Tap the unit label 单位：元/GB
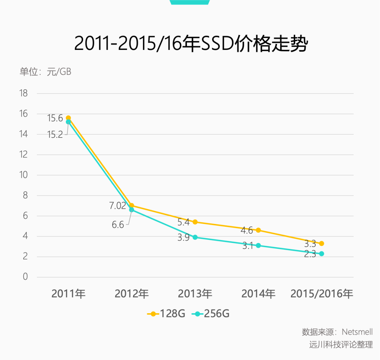[45, 72]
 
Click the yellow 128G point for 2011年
[68, 118]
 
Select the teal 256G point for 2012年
[132, 210]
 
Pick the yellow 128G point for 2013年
[195, 222]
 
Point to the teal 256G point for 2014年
[258, 245]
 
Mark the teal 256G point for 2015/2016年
[321, 253]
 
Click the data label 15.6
[55, 118]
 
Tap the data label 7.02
[118, 206]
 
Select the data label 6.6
[118, 225]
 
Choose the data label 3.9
[183, 238]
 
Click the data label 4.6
[247, 231]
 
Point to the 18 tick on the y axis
[24, 94]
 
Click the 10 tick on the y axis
[24, 175]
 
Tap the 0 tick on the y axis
[25, 277]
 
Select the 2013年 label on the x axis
[195, 294]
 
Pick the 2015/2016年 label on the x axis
[322, 294]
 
